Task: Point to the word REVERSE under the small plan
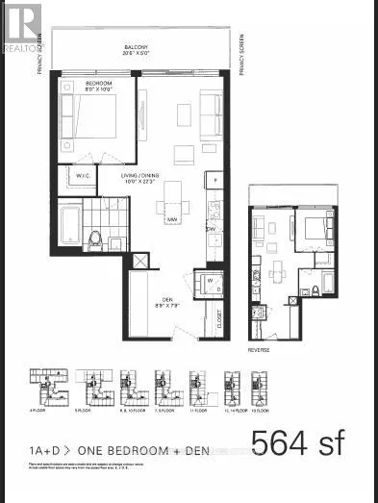point(258,350)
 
